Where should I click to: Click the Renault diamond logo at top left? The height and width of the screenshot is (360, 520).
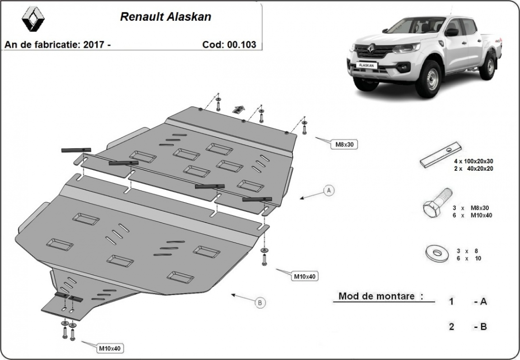(x=33, y=19)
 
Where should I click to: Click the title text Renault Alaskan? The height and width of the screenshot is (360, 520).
(x=166, y=17)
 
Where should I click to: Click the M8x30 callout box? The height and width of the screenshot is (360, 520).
(x=344, y=145)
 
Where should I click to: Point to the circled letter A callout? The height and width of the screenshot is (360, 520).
(x=329, y=190)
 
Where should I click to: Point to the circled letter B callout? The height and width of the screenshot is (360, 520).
(x=260, y=303)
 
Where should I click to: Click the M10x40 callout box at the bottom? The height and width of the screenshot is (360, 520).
(x=109, y=348)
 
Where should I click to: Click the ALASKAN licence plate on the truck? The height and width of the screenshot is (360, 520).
(x=366, y=65)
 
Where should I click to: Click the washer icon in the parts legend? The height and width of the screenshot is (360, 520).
(x=437, y=253)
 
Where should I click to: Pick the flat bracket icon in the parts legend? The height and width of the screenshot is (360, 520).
(x=441, y=155)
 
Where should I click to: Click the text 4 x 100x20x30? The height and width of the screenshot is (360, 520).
(x=474, y=161)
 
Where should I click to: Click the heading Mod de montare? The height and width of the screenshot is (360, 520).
(x=381, y=296)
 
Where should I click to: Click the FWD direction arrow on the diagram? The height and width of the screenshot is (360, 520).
(x=238, y=109)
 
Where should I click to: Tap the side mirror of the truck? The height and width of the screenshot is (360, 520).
(x=451, y=32)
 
